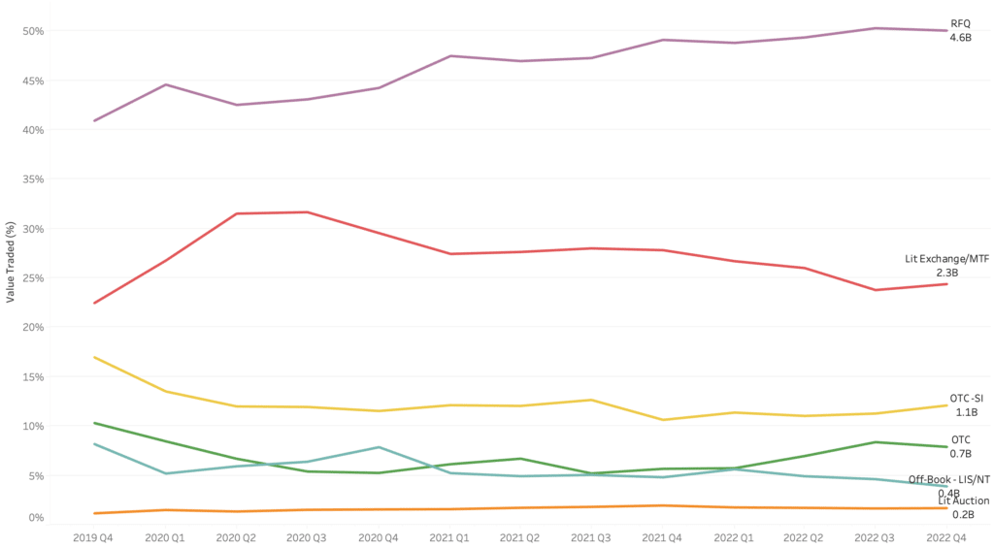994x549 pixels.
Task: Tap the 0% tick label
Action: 38,517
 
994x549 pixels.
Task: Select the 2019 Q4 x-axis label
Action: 94,535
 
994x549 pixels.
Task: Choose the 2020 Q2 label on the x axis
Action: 237,535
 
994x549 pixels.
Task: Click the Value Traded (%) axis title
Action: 10,261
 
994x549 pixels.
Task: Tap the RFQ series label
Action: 959,22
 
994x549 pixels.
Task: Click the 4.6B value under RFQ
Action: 960,37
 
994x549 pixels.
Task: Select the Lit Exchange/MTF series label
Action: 946,259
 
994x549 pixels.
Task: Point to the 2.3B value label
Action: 947,274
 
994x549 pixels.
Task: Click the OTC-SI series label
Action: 967,398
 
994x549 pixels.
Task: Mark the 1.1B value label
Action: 967,412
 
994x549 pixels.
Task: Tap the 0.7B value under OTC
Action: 961,453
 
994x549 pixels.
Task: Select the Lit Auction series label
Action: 964,501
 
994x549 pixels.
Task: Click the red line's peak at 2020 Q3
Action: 308,212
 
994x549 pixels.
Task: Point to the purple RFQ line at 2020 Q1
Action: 165,84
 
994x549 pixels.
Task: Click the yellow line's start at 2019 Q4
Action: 94,357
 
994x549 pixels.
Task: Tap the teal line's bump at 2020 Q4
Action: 379,447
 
